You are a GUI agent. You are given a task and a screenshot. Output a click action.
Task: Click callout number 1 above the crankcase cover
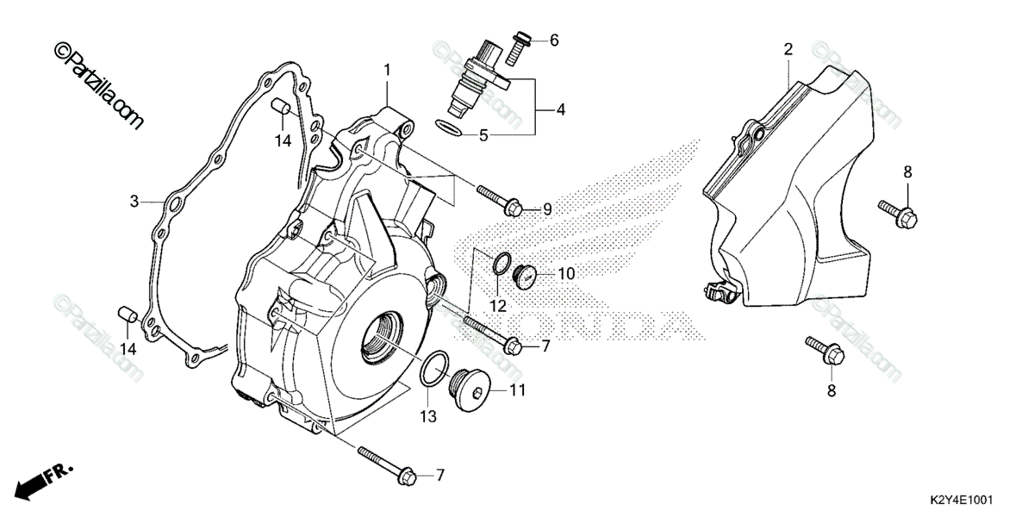coord(388,69)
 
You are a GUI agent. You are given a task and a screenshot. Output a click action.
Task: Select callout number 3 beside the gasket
coord(134,202)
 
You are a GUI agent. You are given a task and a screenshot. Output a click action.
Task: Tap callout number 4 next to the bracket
coord(560,109)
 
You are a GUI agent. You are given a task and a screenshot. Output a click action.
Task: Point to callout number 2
coord(788,49)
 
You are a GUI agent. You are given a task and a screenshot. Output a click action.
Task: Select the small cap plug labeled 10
coord(525,276)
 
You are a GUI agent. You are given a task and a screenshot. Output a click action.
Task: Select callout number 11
coord(517,390)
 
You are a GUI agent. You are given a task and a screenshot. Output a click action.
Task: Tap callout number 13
coord(429,417)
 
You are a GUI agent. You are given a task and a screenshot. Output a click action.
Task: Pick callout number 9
coord(546,209)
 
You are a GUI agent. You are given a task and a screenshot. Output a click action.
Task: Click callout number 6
coord(554,40)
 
